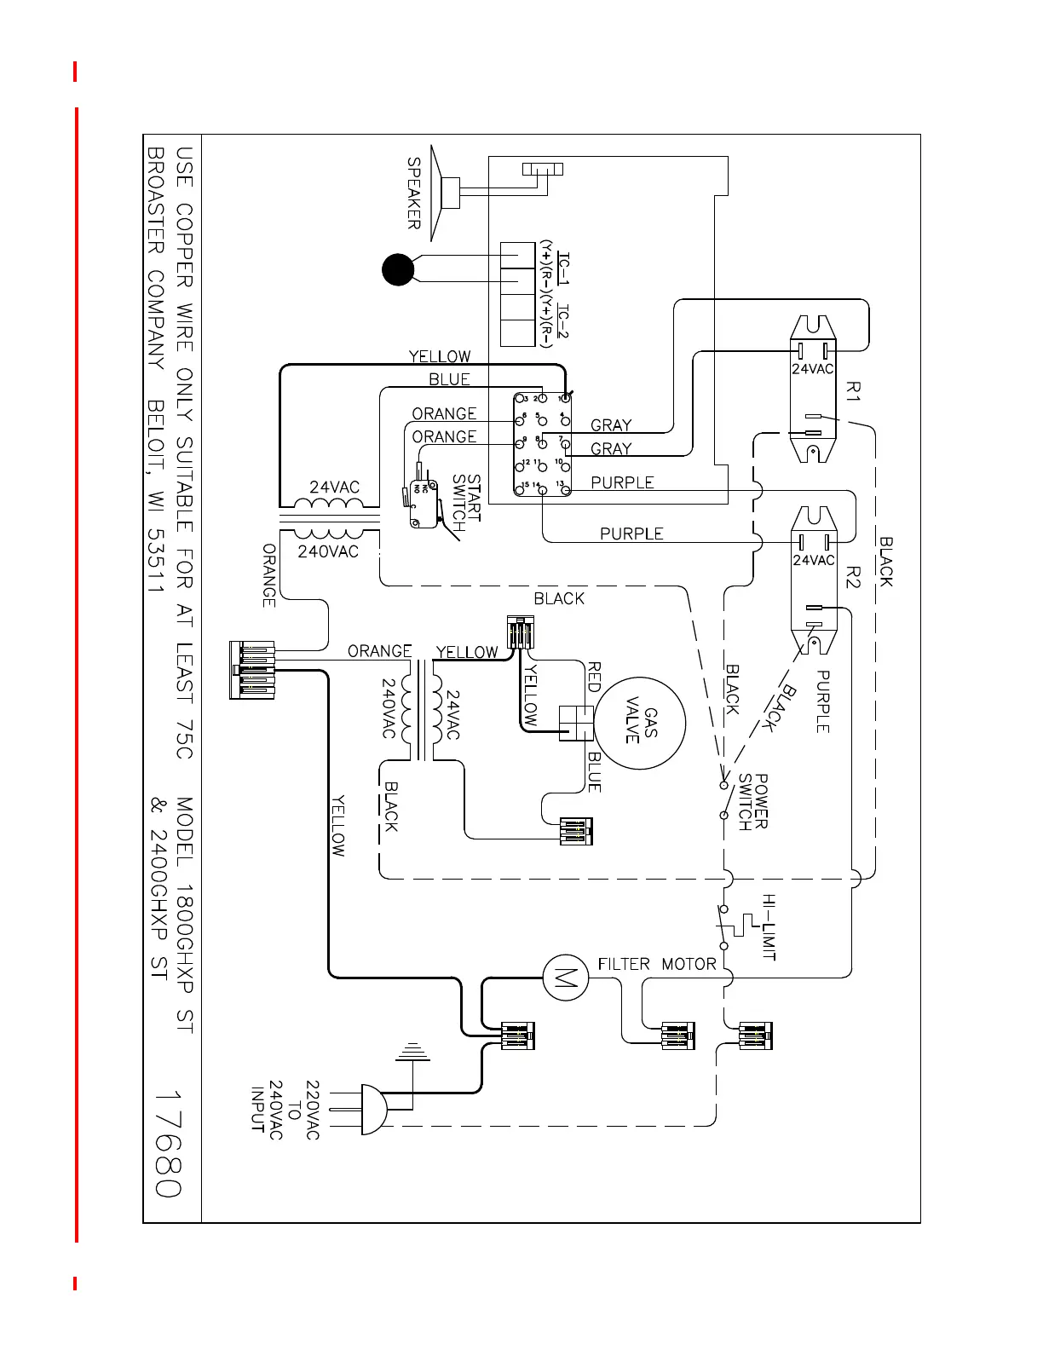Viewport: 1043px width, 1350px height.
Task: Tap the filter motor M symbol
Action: point(565,977)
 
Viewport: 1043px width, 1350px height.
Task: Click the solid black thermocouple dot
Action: point(398,269)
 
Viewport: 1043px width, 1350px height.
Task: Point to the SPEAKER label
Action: point(414,193)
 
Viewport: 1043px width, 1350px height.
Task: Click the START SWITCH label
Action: point(466,503)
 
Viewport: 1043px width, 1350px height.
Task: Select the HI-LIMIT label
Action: point(769,927)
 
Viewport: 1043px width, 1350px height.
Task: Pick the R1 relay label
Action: point(854,391)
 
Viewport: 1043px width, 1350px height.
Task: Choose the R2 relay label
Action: point(854,578)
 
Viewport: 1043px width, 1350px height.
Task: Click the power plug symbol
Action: point(373,1110)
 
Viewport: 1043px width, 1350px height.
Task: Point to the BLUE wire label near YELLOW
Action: point(449,379)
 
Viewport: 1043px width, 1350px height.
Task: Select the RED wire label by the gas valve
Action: point(595,677)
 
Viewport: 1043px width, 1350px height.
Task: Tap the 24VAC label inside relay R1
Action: point(813,369)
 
